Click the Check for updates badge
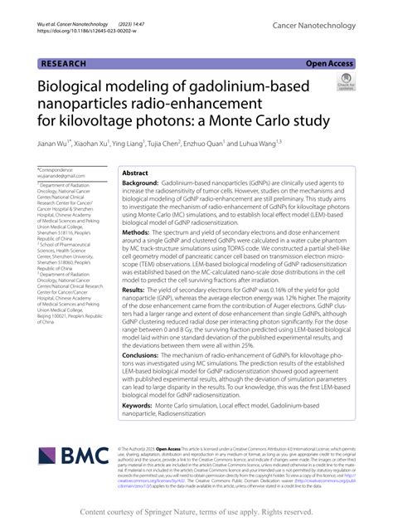click(x=345, y=81)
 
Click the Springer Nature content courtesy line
click(x=196, y=512)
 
